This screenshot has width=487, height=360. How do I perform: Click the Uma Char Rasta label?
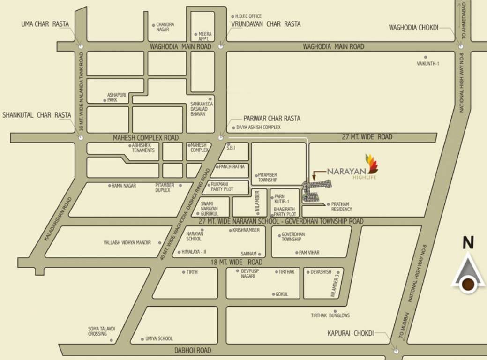(45, 24)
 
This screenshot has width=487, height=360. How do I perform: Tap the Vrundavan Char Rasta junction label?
(265, 24)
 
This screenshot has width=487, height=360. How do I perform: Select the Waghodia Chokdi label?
(413, 28)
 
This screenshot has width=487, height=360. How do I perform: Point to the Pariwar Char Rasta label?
(271, 119)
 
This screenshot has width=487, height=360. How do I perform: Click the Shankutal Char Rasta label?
(37, 115)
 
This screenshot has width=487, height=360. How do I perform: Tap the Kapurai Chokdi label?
(351, 333)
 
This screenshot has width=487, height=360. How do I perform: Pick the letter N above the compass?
(467, 243)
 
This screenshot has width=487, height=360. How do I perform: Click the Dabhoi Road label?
(193, 350)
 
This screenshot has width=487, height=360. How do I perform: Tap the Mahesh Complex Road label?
(145, 138)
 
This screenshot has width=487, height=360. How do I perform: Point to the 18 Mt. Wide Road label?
(236, 262)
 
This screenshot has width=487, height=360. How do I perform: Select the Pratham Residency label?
(341, 207)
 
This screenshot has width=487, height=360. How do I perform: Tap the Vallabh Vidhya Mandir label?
(127, 243)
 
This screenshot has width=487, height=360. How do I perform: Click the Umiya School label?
(159, 338)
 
